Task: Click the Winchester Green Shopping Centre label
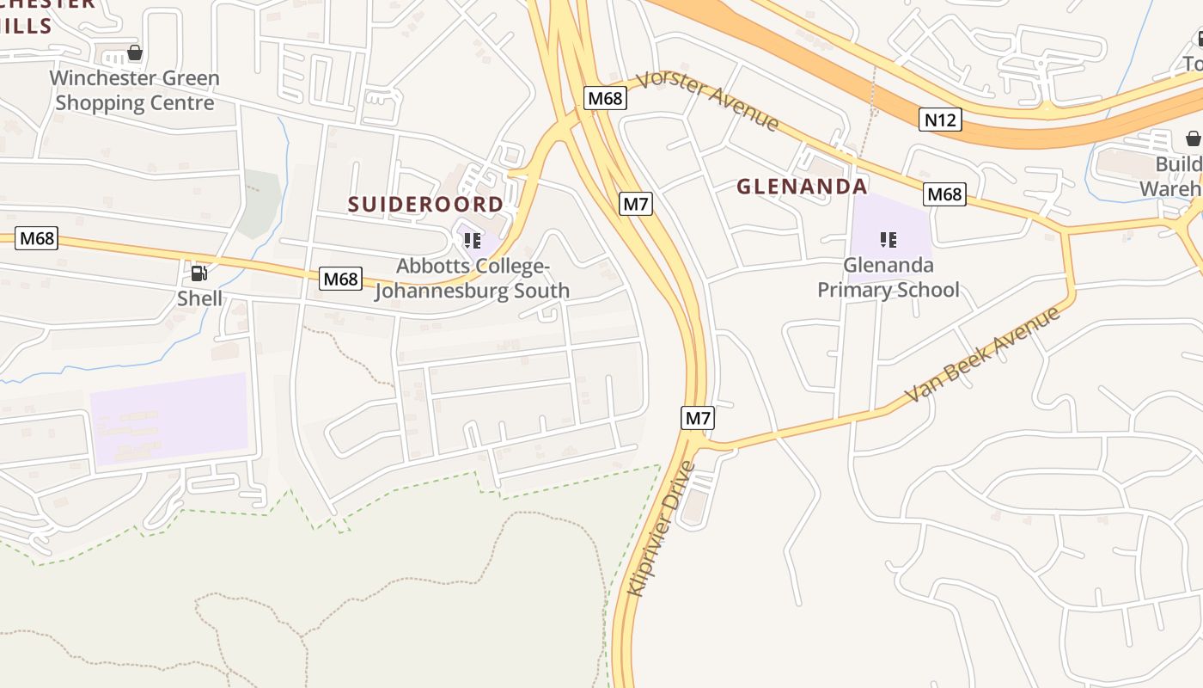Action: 134,90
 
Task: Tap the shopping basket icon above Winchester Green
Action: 135,53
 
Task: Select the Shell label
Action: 199,298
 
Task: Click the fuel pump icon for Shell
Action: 198,274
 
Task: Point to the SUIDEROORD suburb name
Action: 425,204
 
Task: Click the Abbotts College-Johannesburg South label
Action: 472,279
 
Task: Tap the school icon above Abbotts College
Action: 472,240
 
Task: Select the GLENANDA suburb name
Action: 802,186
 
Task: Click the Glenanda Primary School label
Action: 888,277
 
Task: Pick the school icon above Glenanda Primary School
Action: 889,239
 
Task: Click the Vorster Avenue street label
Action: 710,101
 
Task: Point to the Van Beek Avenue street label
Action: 983,354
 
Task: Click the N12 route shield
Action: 939,120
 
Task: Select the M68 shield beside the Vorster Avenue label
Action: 605,98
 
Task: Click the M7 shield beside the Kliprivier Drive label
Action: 698,419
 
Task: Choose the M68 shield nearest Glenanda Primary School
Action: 944,194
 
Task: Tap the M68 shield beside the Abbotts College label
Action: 340,279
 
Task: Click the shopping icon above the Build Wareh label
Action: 1193,138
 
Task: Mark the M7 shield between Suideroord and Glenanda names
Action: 636,204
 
